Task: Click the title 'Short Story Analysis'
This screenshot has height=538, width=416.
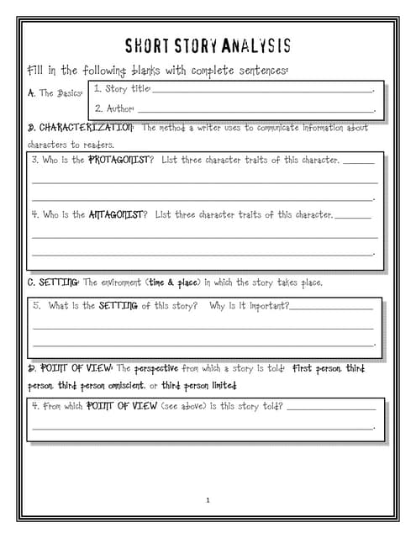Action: tap(208, 45)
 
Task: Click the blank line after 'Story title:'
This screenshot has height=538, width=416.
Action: tap(261, 89)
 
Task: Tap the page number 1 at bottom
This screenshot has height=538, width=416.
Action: tap(208, 500)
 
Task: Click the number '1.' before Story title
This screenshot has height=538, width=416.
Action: tap(97, 88)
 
